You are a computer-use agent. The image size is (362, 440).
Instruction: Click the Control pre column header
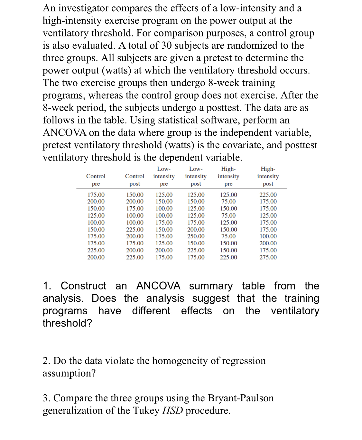coord(96,180)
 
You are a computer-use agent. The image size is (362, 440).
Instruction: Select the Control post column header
coord(135,180)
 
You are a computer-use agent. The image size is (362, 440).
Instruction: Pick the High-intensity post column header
coord(268,176)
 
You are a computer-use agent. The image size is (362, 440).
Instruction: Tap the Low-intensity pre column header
coord(164,176)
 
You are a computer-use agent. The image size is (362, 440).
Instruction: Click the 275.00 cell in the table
coord(268,257)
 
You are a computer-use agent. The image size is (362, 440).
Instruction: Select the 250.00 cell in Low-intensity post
coord(196,236)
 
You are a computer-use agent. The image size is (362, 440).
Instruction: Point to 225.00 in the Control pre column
coord(96,250)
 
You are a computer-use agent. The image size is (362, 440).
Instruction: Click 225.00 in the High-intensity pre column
coord(228,257)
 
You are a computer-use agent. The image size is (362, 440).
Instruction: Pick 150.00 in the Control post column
coord(135,195)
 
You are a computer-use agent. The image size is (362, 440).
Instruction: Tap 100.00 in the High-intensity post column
coord(268,236)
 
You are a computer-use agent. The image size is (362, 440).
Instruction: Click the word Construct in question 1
coord(83,286)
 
